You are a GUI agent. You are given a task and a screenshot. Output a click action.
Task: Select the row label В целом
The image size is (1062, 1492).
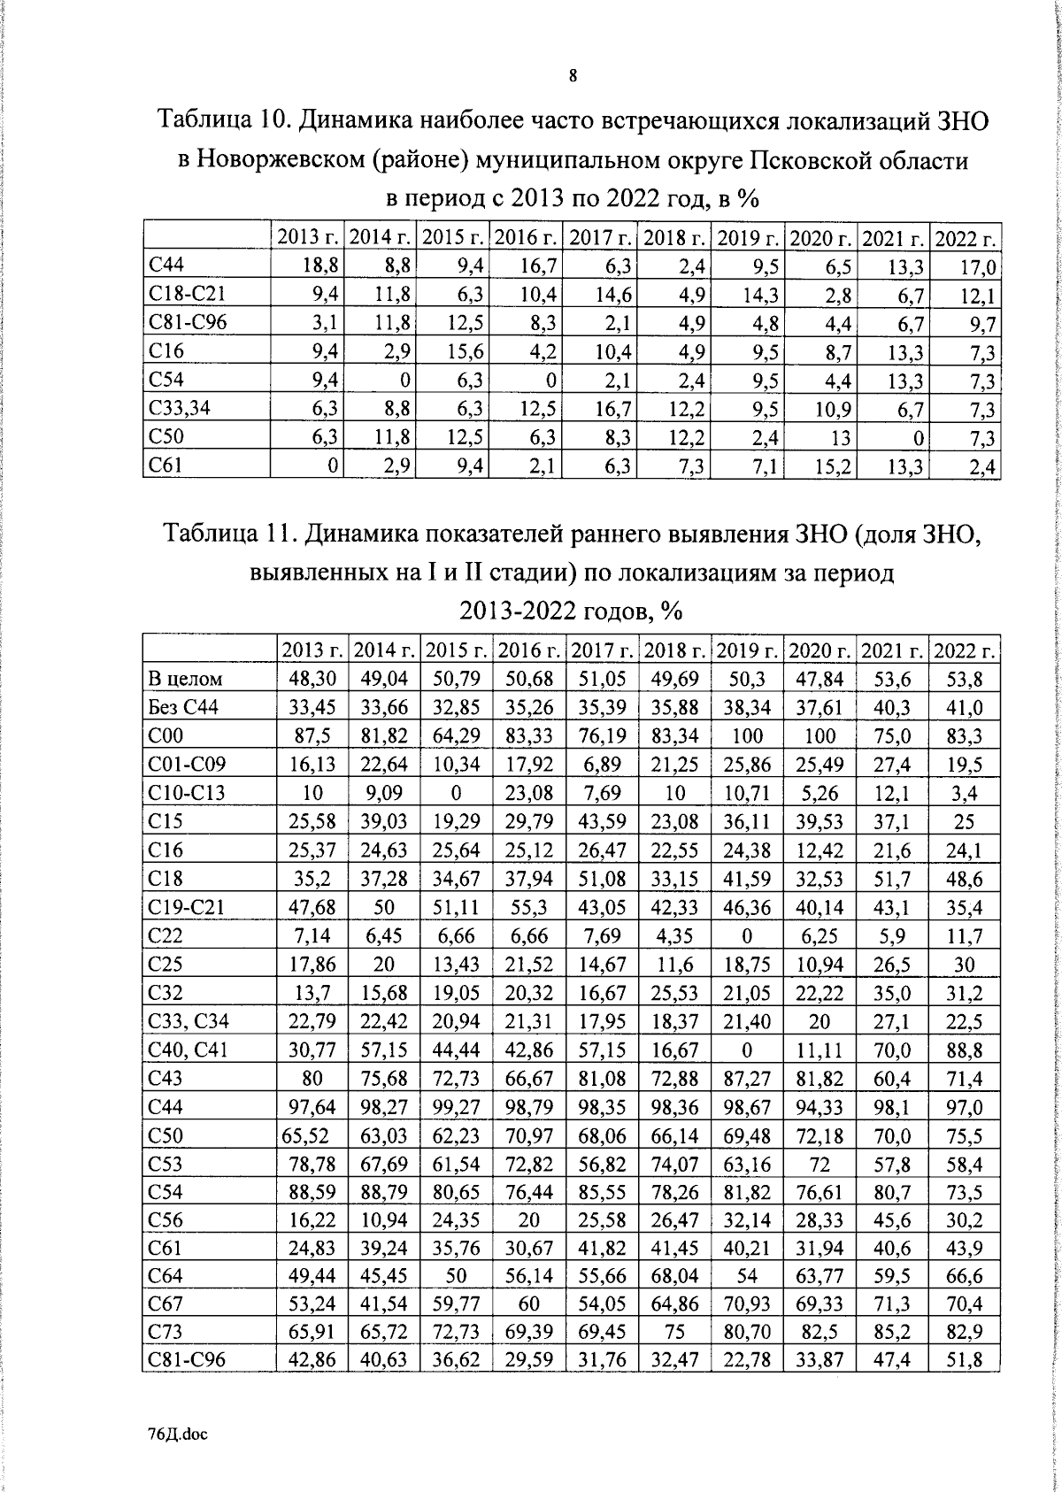pyautogui.click(x=185, y=679)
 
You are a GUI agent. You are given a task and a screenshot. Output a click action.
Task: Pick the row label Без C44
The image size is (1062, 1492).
pyautogui.click(x=184, y=707)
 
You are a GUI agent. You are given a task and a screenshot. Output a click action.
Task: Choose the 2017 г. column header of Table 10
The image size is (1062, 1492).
pyautogui.click(x=600, y=237)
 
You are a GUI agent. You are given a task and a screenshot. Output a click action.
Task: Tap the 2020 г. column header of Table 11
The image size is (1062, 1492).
pyautogui.click(x=820, y=650)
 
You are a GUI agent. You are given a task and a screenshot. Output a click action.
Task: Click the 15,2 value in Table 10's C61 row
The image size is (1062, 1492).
pyautogui.click(x=833, y=466)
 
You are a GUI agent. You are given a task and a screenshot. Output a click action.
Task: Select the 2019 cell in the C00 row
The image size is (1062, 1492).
pyautogui.click(x=747, y=736)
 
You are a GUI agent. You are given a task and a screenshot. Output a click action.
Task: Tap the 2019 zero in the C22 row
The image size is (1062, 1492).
pyautogui.click(x=747, y=936)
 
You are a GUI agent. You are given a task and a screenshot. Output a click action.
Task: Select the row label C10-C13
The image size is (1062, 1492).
pyautogui.click(x=188, y=793)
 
